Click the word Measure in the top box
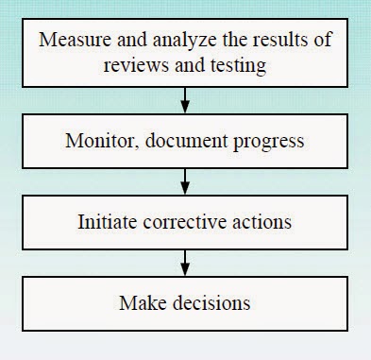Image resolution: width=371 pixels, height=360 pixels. [x=76, y=43]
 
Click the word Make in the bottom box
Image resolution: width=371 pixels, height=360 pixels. [x=137, y=303]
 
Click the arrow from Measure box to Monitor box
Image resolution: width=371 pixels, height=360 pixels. [x=185, y=96]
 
